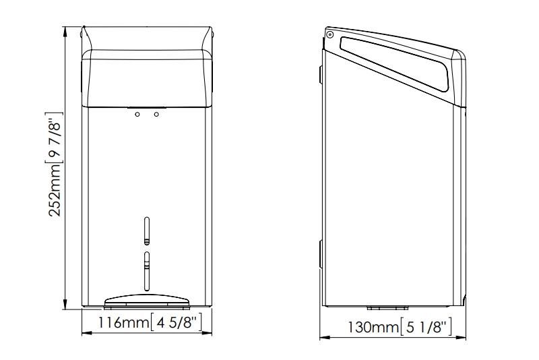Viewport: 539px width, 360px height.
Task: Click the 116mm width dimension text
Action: click(x=124, y=322)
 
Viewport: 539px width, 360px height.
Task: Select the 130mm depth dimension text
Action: click(x=373, y=327)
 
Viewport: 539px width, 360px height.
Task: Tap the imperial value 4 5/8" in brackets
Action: click(x=177, y=322)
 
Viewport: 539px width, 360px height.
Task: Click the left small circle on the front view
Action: click(x=137, y=114)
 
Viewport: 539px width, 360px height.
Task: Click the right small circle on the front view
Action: click(x=156, y=114)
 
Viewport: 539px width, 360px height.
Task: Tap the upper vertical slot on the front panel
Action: click(x=147, y=231)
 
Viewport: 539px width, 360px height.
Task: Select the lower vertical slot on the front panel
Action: click(x=147, y=271)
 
